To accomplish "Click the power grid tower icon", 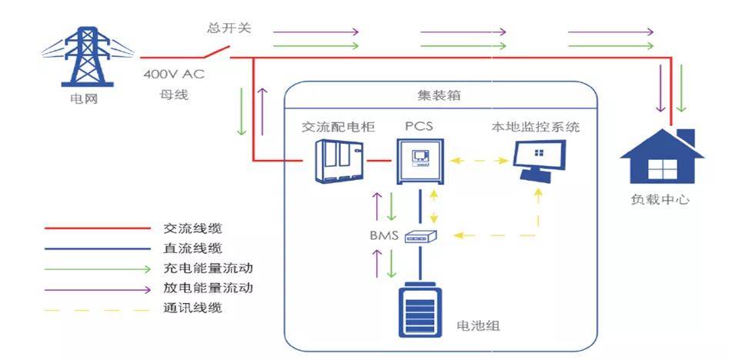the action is pos(87,56).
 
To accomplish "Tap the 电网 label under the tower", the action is pos(84,100).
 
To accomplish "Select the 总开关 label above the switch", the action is pos(229,28).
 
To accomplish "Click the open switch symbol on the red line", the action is pos(217,52).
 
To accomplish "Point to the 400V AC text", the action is pos(174,75).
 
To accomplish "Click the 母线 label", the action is pos(174,95).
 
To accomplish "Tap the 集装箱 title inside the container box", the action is pos(439,95).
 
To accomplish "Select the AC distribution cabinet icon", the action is pos(339,162).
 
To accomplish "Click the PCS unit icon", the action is pos(420,162).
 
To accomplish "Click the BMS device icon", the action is pos(421,235).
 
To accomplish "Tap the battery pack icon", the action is pos(420,310).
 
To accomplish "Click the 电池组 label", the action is pos(478,326).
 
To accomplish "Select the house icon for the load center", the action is pos(663,156).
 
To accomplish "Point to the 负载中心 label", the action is pos(660,199).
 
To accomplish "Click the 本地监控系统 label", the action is pos(536,127).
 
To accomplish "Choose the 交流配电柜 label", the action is pos(339,127).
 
